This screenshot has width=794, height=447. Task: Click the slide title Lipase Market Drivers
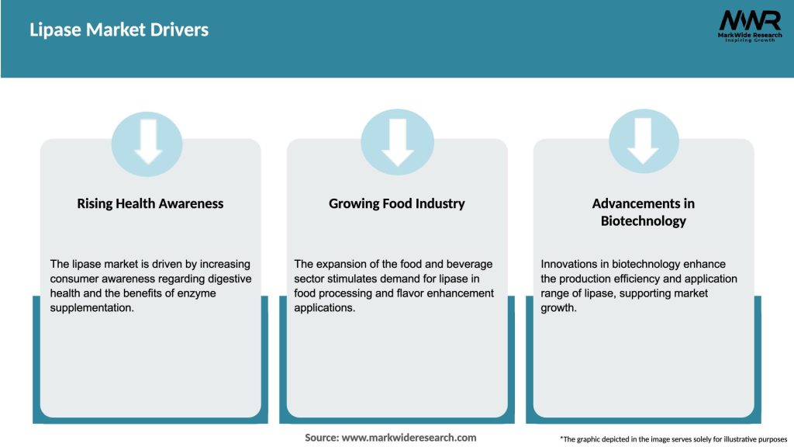coord(119,30)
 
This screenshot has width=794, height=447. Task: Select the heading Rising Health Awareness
coord(150,204)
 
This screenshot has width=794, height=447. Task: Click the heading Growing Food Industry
coord(397,204)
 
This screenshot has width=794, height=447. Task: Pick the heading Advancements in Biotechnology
coord(644,212)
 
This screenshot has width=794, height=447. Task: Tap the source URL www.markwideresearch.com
coord(409,438)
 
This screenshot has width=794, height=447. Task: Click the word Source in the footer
coord(321,438)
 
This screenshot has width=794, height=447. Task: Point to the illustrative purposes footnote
coord(673,439)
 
